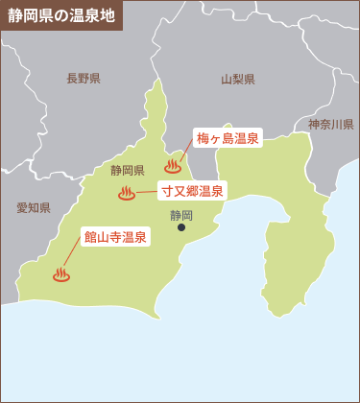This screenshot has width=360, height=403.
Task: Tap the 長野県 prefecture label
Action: click(84, 79)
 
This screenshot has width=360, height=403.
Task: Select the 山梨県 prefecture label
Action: click(237, 80)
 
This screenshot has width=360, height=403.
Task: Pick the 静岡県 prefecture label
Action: click(127, 171)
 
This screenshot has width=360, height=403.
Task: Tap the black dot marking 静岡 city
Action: click(181, 227)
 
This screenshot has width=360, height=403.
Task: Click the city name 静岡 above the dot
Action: click(180, 214)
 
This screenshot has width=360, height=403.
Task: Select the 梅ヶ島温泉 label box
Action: click(228, 139)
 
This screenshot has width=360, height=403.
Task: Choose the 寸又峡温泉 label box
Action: click(192, 191)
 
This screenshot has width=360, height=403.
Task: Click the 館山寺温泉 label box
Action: click(115, 236)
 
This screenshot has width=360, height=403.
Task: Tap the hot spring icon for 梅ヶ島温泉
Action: click(174, 165)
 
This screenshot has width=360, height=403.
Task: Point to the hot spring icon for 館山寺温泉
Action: click(61, 275)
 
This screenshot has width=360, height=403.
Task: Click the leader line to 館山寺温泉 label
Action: click(72, 255)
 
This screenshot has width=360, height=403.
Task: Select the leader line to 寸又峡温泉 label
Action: click(147, 193)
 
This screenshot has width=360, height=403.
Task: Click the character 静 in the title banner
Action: click(15, 16)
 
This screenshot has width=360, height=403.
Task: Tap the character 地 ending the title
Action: click(108, 16)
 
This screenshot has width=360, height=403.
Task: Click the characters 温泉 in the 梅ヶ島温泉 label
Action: click(247, 139)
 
